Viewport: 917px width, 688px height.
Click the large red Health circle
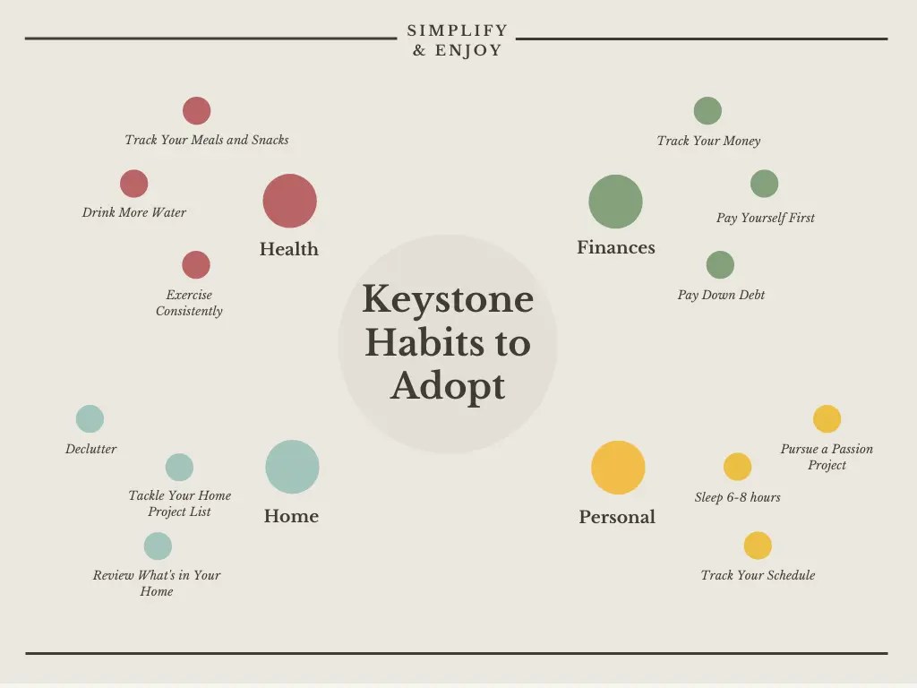coord(289,201)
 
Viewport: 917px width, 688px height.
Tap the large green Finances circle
coord(615,202)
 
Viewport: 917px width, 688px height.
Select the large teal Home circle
coord(292,467)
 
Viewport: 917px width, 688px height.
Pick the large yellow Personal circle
coord(618,468)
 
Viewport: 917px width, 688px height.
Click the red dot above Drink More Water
coord(134,184)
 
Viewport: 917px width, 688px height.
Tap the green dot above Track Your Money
coord(707,110)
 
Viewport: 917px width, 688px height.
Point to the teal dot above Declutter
coord(90,419)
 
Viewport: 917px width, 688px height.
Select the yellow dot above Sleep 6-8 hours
coord(738,466)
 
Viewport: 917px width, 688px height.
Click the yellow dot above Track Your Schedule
coord(758,546)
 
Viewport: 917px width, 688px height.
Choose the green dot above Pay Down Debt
coord(720,265)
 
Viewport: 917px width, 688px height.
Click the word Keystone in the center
coord(448,300)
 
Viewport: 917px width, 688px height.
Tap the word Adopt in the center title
coord(448,387)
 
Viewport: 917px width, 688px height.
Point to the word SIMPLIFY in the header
coord(458,30)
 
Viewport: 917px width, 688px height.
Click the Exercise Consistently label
coord(189,303)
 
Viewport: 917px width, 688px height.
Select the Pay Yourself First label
coord(765,218)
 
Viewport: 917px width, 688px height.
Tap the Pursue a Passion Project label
coord(827,457)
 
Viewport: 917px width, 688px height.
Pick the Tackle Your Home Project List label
coord(179,503)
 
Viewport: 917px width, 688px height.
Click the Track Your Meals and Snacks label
coord(207,140)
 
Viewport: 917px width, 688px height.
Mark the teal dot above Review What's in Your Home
coord(158,546)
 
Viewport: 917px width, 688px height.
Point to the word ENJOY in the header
coord(468,50)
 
